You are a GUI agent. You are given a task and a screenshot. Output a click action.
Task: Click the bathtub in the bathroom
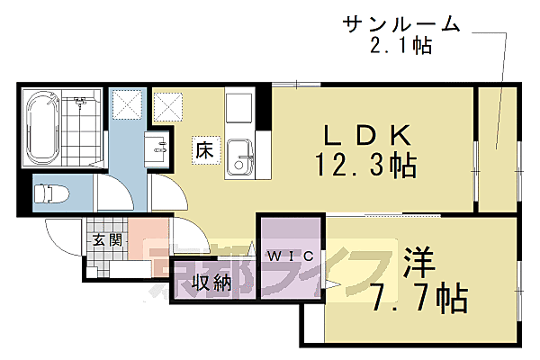click(x=43, y=128)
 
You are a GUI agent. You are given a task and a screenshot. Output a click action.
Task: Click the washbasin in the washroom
click(x=159, y=148)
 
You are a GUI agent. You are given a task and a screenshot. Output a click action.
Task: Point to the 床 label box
click(x=203, y=150)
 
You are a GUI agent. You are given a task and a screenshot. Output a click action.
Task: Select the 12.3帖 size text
click(x=364, y=166)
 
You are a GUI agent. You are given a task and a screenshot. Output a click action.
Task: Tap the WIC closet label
click(x=292, y=256)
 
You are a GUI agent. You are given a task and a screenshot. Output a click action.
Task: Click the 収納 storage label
click(x=211, y=283)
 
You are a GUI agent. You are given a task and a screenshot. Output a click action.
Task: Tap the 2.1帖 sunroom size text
click(x=401, y=45)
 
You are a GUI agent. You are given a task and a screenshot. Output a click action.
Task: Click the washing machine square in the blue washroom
click(x=128, y=105)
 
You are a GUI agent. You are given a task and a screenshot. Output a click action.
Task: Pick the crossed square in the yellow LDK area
click(x=167, y=107)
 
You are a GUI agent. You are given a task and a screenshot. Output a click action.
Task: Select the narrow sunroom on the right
click(x=496, y=148)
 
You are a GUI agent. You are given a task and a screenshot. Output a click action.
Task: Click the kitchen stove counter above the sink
click(x=240, y=110)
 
